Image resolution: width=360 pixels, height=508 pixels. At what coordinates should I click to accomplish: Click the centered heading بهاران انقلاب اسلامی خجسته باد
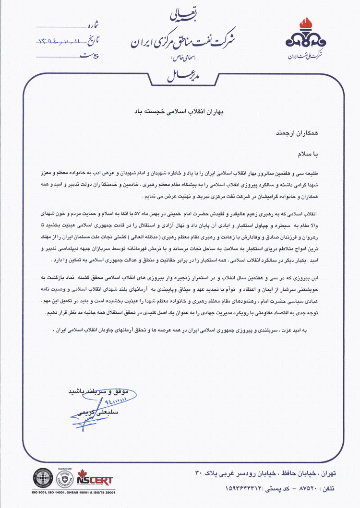coord(180,111)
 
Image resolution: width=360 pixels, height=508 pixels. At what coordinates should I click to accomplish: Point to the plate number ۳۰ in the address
coord(200,473)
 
